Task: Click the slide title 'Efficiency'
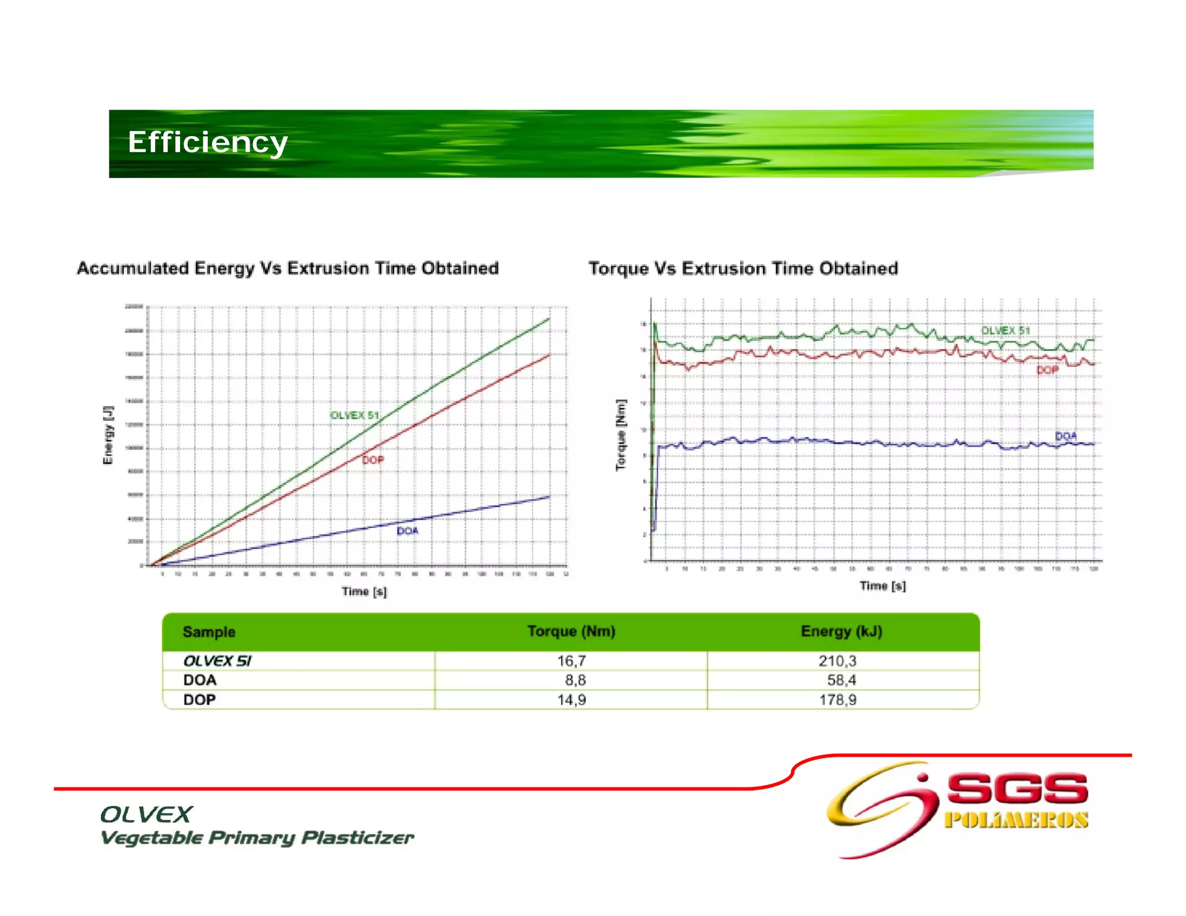tap(207, 142)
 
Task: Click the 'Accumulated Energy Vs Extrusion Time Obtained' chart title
tap(288, 269)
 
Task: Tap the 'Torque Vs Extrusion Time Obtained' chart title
tap(743, 269)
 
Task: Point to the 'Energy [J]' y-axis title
tap(108, 435)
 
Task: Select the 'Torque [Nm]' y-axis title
tap(621, 435)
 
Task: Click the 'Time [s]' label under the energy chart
tap(364, 591)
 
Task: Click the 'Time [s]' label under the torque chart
tap(882, 586)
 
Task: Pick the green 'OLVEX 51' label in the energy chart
tap(354, 415)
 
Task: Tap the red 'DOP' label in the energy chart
tap(373, 460)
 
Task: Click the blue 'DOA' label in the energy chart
tap(407, 531)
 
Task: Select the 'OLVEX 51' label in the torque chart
tap(1005, 331)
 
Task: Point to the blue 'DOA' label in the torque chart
tap(1066, 436)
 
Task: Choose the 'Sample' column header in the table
tap(209, 632)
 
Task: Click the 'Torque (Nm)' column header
tap(571, 631)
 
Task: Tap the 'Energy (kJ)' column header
tap(841, 631)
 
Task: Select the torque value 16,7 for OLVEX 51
tap(572, 661)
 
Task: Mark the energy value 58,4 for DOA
tap(841, 680)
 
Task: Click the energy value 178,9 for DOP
tap(837, 699)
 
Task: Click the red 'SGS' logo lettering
tap(1017, 789)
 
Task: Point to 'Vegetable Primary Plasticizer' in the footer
tap(257, 838)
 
